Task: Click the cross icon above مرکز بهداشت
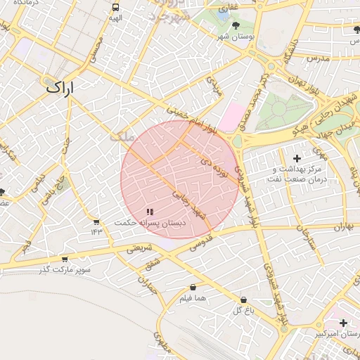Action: pyautogui.click(x=297, y=158)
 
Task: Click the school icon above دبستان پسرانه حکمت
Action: pyautogui.click(x=149, y=211)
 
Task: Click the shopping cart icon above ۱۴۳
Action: pyautogui.click(x=96, y=221)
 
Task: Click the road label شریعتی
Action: pyautogui.click(x=138, y=248)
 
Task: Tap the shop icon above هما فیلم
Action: pyautogui.click(x=193, y=288)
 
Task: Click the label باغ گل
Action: pyautogui.click(x=243, y=309)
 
